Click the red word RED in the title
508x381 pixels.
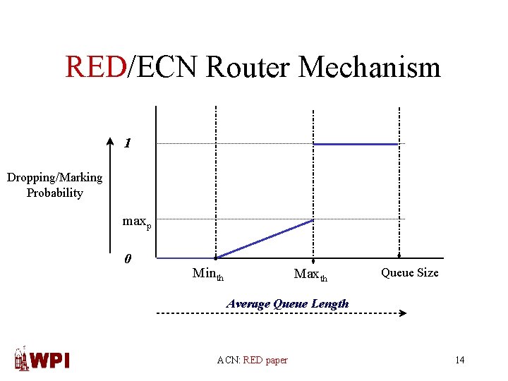pos(95,67)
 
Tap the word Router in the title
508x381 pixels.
pos(249,67)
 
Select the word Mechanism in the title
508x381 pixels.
pos(370,67)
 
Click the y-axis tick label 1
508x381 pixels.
pos(128,143)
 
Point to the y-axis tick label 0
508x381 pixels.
pos(127,259)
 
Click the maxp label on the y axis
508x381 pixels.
pos(136,222)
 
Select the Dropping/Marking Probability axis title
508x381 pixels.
pos(54,185)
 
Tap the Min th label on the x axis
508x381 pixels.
pos(208,274)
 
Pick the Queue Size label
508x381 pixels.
pos(409,272)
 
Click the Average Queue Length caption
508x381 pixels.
pos(287,303)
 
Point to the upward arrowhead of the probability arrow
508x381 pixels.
pos(109,140)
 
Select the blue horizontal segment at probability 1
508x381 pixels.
pos(356,144)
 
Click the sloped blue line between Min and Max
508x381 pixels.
pos(265,239)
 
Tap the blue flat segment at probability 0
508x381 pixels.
pos(186,258)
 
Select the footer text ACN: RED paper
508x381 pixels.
pos(252,361)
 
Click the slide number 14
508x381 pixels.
pos(459,361)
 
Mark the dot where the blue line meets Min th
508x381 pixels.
pos(216,258)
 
